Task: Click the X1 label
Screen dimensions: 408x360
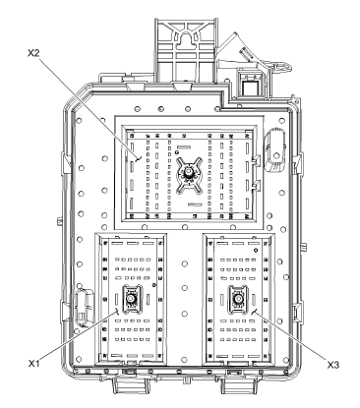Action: [x=32, y=364]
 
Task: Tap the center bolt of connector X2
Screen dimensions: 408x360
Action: [x=185, y=173]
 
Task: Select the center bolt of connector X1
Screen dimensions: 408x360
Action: [x=128, y=305]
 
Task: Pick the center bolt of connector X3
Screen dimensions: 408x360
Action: [x=237, y=305]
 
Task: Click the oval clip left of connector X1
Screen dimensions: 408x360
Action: [x=84, y=299]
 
